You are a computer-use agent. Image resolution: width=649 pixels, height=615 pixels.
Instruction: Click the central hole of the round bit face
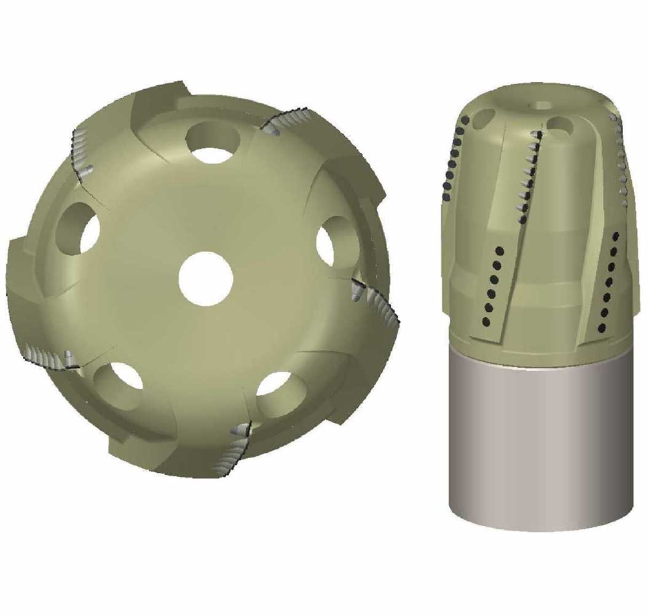(206, 279)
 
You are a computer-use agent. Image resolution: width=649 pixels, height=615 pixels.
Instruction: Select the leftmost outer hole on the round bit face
(79, 229)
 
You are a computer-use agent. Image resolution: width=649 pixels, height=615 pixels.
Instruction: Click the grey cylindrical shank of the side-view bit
(541, 443)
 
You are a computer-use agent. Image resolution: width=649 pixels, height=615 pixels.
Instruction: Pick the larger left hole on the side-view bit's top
(484, 118)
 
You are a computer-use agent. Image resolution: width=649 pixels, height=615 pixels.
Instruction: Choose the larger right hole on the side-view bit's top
(560, 124)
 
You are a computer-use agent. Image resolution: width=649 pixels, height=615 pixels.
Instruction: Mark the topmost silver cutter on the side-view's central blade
(540, 135)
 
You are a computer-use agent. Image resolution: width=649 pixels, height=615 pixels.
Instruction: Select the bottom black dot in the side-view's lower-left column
(485, 321)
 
